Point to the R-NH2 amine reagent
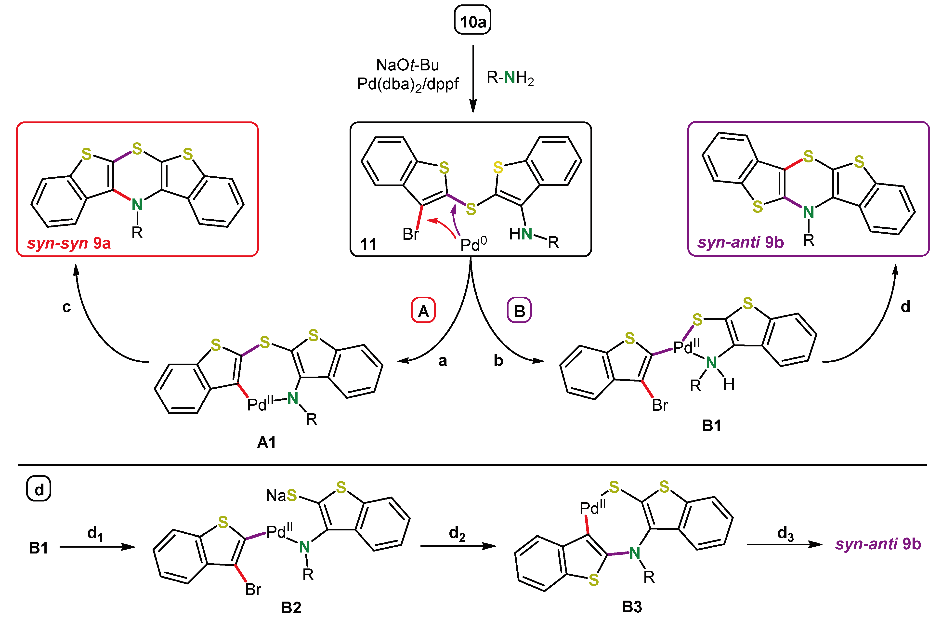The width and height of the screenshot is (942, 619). pos(510,78)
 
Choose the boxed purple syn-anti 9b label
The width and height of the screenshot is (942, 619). pos(740,242)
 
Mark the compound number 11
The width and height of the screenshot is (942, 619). pos(368,244)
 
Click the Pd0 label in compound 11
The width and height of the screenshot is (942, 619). pos(473,244)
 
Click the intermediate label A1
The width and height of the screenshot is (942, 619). pos(266,442)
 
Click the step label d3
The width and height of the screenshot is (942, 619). pos(785,534)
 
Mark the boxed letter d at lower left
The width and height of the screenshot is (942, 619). pos(39,489)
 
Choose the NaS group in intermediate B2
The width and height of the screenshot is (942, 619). pos(281,495)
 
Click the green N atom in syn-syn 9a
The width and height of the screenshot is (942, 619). pos(137,205)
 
